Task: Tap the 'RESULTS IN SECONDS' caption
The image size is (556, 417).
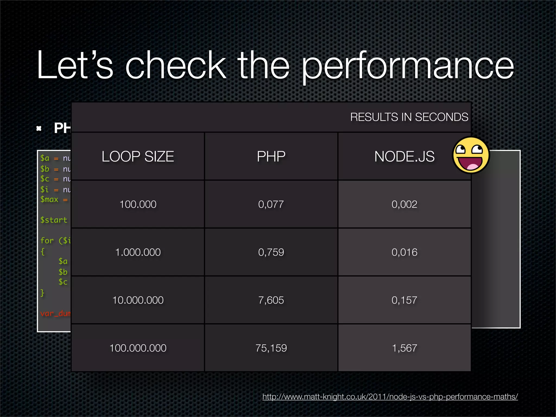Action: click(x=409, y=117)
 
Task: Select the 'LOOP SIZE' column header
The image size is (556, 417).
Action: click(x=138, y=157)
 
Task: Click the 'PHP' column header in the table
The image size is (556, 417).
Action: click(x=271, y=157)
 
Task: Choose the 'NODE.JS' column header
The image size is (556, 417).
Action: click(x=404, y=157)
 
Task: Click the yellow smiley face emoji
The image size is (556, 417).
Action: click(x=471, y=155)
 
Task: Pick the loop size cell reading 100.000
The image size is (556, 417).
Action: click(x=138, y=204)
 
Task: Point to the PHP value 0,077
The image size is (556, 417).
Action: click(x=271, y=204)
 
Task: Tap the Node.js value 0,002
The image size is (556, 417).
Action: click(x=404, y=204)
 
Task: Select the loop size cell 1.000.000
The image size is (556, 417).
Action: click(x=138, y=252)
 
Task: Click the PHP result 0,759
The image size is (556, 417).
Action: click(x=271, y=252)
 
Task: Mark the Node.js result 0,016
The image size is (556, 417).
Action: click(x=404, y=252)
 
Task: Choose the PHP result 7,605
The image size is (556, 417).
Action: click(x=271, y=300)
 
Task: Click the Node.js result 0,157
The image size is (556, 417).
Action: click(x=404, y=300)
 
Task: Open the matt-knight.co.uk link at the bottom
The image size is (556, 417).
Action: click(x=390, y=397)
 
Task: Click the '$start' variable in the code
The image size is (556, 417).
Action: click(x=54, y=220)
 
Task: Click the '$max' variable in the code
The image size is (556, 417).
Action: click(x=49, y=200)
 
